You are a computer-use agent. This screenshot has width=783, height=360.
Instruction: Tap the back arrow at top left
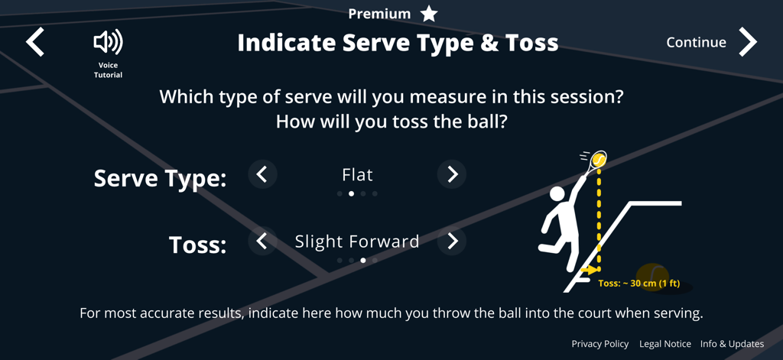point(35,42)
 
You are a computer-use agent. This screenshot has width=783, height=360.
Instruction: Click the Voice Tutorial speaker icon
point(108,42)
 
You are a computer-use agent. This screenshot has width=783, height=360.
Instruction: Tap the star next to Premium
point(430,13)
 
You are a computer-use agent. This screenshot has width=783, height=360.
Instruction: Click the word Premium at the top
point(379,14)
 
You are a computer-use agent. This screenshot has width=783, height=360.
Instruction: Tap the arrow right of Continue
point(748,42)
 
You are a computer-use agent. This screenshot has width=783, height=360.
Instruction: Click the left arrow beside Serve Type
point(262,174)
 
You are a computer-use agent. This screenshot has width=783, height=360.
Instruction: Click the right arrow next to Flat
point(452,174)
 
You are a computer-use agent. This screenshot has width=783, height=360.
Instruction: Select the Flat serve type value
point(357,174)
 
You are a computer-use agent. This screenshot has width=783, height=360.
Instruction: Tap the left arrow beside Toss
point(262,242)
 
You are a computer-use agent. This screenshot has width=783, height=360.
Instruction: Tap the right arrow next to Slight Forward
point(452,242)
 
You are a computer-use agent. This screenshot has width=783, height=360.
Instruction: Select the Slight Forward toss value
point(357,242)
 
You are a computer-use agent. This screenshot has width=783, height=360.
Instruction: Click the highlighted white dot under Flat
point(351,193)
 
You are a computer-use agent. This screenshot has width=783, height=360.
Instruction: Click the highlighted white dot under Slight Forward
point(363,261)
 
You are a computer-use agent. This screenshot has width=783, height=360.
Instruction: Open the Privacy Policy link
point(600,344)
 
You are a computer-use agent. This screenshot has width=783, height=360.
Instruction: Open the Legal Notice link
point(665,344)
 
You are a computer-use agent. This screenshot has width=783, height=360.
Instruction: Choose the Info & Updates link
point(732,344)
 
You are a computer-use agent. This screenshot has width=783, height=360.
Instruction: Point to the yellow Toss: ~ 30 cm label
point(638,284)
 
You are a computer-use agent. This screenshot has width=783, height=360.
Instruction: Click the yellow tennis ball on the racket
point(599,160)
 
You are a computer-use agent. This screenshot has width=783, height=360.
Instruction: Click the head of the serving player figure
point(557,194)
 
